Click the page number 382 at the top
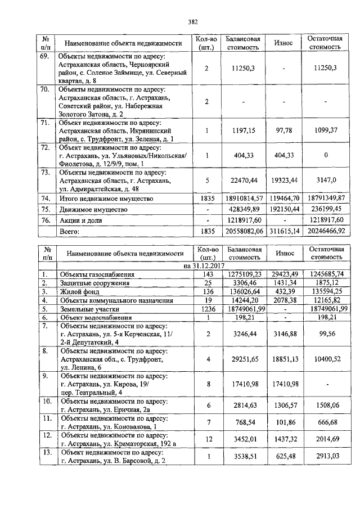(193, 22)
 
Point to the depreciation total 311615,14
(283, 231)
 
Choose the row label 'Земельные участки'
(88, 309)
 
